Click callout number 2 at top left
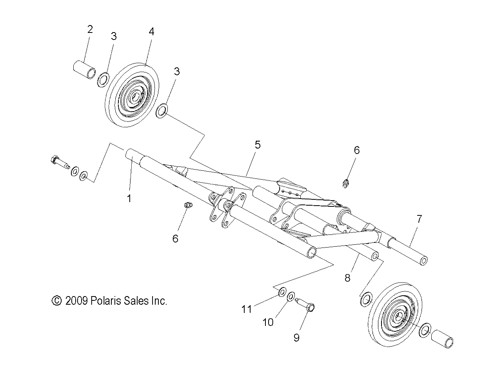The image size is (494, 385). (x=90, y=29)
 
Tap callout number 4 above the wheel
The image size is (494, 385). (x=151, y=31)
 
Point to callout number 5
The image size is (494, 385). (x=257, y=145)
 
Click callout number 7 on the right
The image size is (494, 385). (x=419, y=219)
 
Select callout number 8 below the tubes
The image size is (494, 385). (x=347, y=278)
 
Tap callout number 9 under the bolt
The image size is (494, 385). (x=296, y=337)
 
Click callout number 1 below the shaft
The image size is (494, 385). (x=129, y=199)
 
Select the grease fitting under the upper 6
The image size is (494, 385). (x=345, y=183)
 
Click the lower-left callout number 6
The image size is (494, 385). (x=175, y=238)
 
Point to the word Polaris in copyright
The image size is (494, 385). (x=104, y=301)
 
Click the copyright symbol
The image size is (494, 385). (x=57, y=301)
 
